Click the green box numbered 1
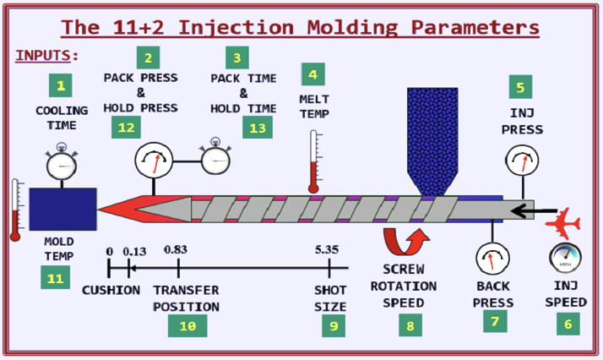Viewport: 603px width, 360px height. click(60, 85)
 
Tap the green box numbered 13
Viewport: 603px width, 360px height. click(258, 127)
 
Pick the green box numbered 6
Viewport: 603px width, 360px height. click(567, 322)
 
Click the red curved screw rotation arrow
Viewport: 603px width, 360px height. click(406, 240)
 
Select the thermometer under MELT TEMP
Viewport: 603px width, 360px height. click(314, 161)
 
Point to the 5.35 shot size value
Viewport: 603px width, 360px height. click(326, 250)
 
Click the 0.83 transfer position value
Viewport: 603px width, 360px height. click(176, 250)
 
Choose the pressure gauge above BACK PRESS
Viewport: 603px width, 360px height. click(492, 259)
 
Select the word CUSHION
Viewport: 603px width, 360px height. click(111, 290)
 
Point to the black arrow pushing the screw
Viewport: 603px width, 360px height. click(537, 210)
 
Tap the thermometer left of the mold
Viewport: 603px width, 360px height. click(15, 210)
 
